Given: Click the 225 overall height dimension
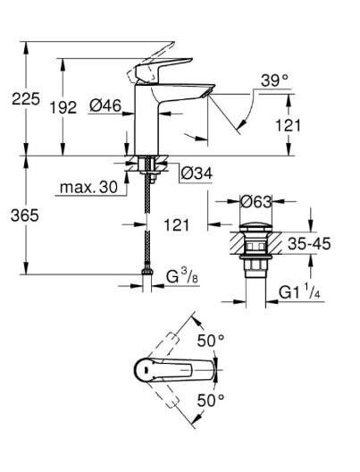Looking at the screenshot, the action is (x=26, y=98).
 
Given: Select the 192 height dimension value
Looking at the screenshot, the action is (x=63, y=107).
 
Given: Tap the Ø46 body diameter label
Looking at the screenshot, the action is (x=105, y=105).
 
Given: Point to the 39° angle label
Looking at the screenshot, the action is (x=274, y=80).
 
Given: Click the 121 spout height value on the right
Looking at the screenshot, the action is (x=288, y=125).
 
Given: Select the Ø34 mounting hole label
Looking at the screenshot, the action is (x=197, y=173).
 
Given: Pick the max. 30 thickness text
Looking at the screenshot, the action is (x=88, y=187).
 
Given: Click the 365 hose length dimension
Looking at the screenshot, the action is (x=25, y=215).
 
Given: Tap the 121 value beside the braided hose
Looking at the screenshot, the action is (x=177, y=225).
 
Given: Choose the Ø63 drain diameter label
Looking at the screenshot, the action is (x=255, y=202).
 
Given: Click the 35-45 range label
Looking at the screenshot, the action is (x=309, y=243).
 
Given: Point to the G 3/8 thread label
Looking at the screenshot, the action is (x=182, y=276).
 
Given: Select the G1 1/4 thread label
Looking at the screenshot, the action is (x=299, y=292).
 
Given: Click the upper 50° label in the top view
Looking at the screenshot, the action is (x=211, y=341).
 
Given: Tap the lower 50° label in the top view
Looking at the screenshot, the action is (x=211, y=400).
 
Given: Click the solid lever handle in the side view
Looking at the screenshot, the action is (x=163, y=70).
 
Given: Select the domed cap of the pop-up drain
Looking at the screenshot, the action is (x=255, y=227).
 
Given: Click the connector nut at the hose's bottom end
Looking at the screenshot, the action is (x=147, y=272).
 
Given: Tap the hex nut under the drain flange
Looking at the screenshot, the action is (x=255, y=266).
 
